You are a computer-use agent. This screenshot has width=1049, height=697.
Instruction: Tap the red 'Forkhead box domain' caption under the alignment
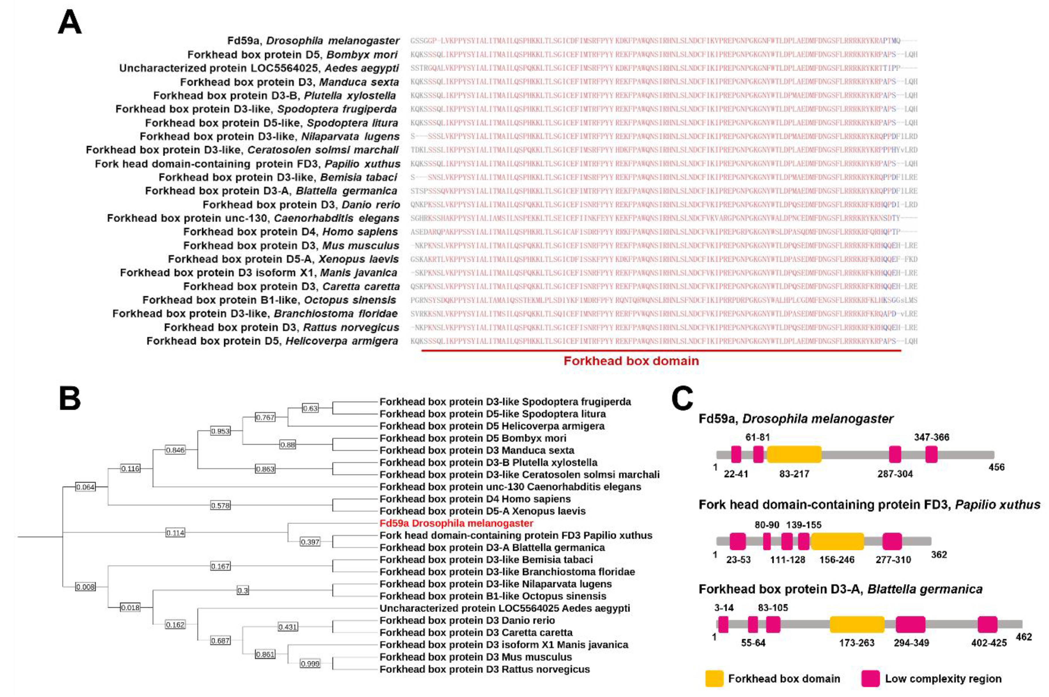click(x=631, y=361)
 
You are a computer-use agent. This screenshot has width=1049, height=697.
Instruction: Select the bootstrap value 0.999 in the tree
click(x=310, y=664)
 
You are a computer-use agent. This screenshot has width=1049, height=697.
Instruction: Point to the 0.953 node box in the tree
click(x=220, y=431)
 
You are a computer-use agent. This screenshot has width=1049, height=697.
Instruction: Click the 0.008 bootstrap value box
click(x=85, y=587)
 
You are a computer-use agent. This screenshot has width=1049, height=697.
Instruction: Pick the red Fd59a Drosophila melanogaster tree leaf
click(x=456, y=523)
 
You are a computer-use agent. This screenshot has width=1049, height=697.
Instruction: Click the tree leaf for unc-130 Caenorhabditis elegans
click(x=510, y=487)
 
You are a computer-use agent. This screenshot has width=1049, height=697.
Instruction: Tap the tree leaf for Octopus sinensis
click(x=493, y=596)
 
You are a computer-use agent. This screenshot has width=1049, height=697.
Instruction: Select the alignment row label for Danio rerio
click(x=301, y=205)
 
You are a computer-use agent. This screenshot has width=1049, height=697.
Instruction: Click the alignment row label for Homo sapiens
click(x=290, y=231)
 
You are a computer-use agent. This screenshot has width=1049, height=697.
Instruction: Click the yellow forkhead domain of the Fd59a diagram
click(x=794, y=454)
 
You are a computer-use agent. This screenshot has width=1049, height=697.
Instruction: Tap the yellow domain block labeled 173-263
click(x=856, y=624)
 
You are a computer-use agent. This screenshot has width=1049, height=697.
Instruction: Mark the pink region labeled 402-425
click(x=987, y=624)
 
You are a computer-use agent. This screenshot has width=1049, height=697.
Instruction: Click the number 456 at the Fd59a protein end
click(x=996, y=467)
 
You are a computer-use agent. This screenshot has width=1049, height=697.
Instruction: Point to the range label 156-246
click(x=836, y=560)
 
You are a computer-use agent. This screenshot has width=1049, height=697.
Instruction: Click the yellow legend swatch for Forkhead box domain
click(x=714, y=679)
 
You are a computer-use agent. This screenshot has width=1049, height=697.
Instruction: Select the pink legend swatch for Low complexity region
click(x=870, y=679)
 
